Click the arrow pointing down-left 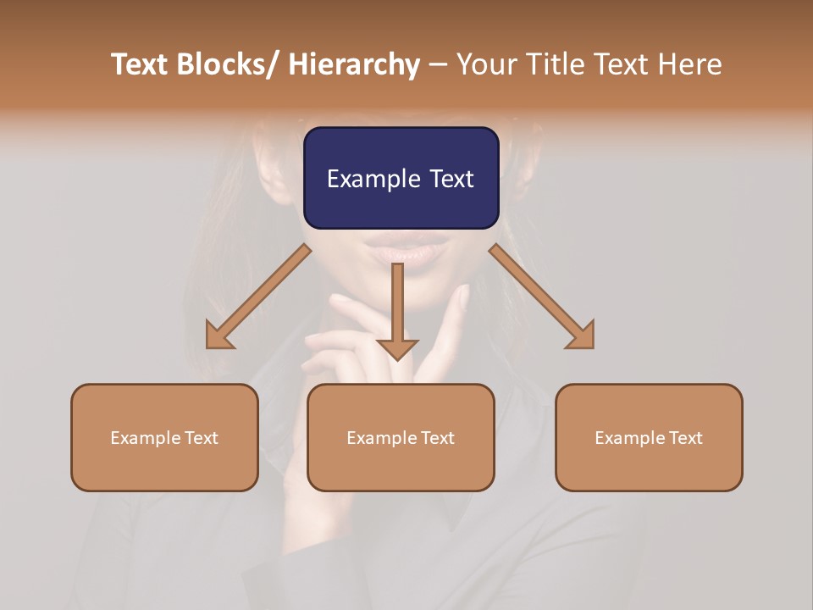point(258,297)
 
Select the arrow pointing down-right point(542,297)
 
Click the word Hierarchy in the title point(354,64)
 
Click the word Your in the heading point(487,64)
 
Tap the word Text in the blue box point(451,179)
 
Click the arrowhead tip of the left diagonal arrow point(209,346)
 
